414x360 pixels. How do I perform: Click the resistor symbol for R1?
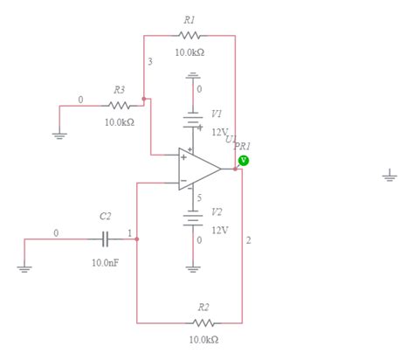click(x=190, y=36)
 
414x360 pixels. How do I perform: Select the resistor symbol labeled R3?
click(x=120, y=106)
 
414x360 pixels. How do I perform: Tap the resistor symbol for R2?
click(x=203, y=323)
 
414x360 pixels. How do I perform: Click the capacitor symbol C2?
click(x=105, y=237)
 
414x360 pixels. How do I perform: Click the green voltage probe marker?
click(x=244, y=160)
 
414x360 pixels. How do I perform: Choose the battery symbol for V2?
click(x=193, y=218)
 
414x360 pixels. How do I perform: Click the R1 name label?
click(x=190, y=19)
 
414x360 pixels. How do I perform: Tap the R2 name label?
click(x=203, y=308)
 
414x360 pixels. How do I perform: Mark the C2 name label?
click(x=106, y=216)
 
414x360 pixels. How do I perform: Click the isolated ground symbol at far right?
click(x=390, y=176)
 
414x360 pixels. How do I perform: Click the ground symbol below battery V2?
click(x=193, y=266)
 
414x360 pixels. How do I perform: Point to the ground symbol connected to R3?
click(x=59, y=134)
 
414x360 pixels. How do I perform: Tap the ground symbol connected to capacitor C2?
click(x=24, y=267)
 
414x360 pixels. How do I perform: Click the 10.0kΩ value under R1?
click(x=190, y=52)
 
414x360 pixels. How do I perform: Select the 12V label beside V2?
click(x=219, y=230)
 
